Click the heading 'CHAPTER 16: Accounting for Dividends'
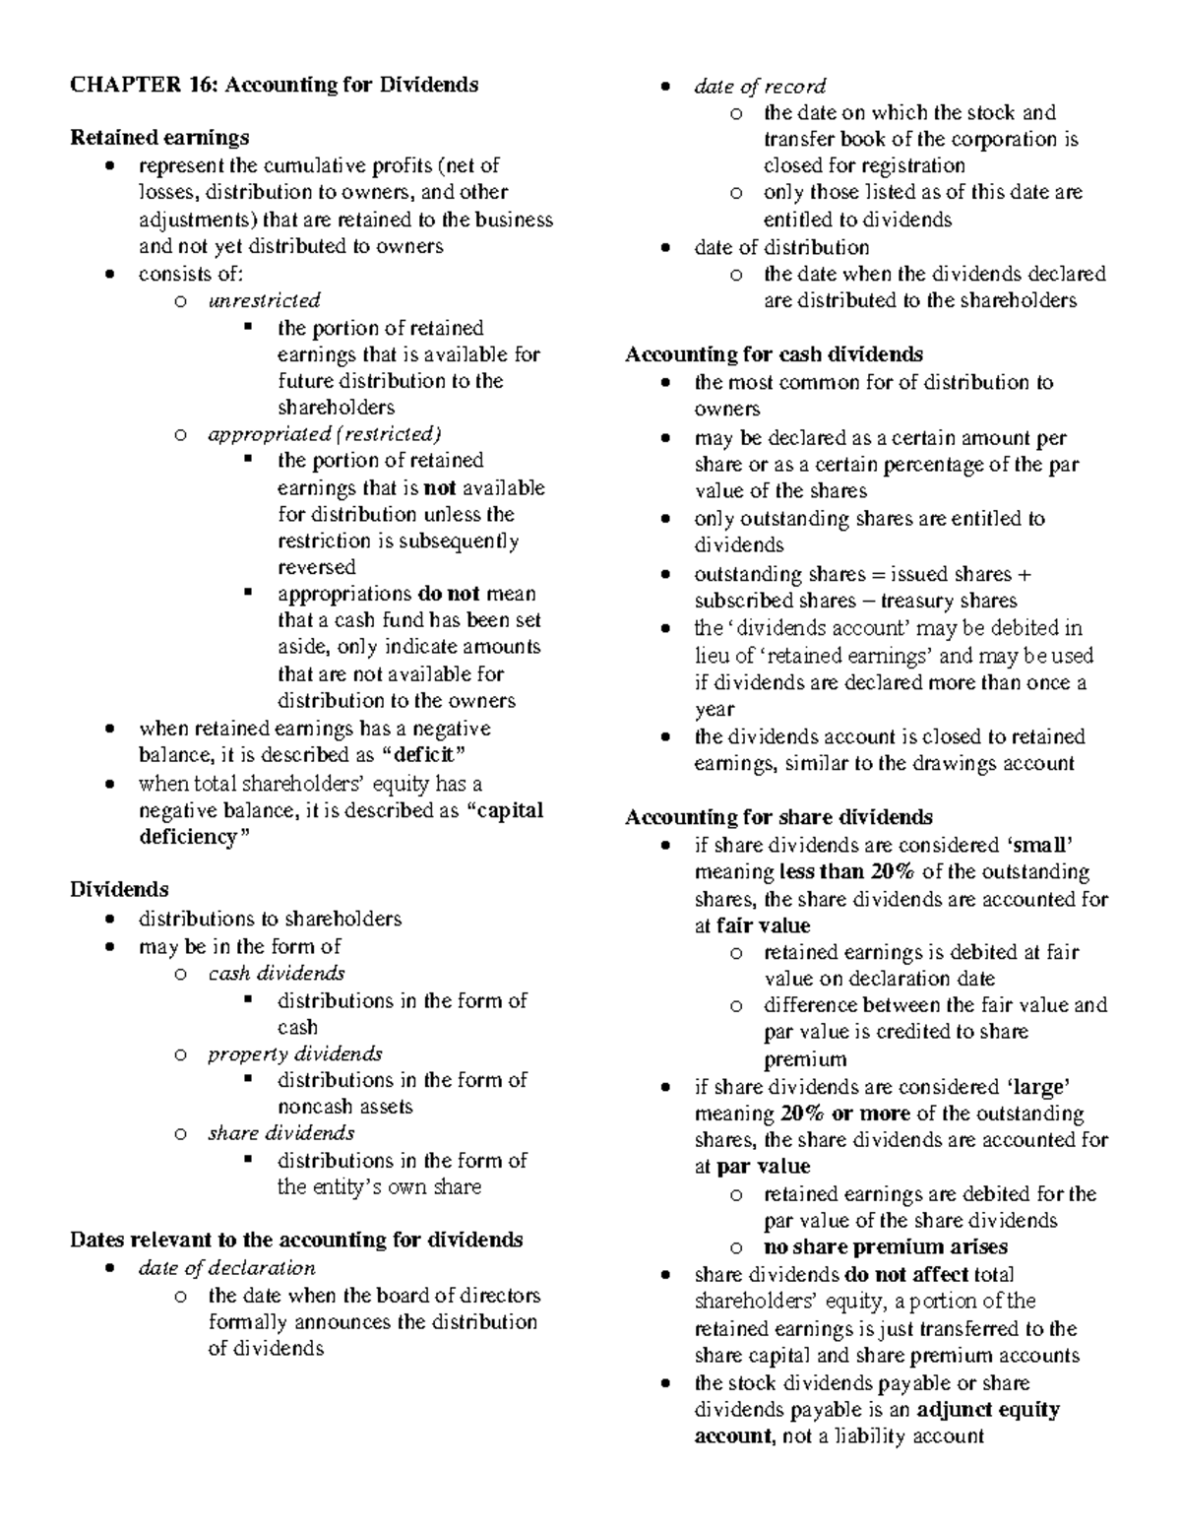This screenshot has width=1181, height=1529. pos(275,86)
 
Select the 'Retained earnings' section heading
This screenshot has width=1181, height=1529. pos(159,138)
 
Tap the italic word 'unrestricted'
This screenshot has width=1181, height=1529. pos(264,300)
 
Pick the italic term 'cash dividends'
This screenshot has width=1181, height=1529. pos(277,974)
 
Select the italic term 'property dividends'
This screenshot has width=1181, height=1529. pos(295,1054)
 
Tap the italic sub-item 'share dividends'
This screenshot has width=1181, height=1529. pos(281,1133)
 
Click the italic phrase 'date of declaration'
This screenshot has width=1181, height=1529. pos(227,1268)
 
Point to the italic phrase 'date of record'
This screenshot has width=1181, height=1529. pos(760,87)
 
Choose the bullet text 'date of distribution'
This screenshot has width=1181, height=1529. pos(781,247)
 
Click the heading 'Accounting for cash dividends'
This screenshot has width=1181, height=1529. pos(774,354)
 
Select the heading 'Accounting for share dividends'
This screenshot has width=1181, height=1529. pos(778,817)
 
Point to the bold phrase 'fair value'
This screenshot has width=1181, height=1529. pos(764,925)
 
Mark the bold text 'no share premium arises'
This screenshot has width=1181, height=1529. pos(886,1247)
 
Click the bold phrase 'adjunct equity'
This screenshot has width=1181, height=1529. pos(988,1410)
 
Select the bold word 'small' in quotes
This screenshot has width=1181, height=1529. pos(1039,845)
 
